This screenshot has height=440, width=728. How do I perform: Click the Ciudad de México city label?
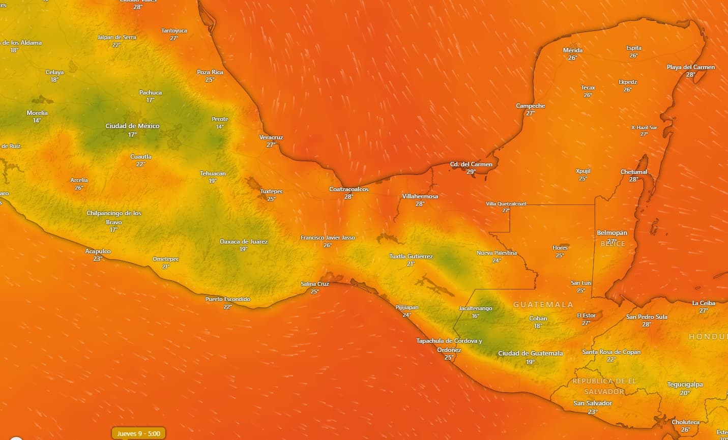132,126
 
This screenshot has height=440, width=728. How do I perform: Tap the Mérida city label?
572,50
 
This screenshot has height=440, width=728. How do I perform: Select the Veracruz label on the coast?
271,137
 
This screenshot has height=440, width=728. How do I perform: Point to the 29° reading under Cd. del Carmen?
471,172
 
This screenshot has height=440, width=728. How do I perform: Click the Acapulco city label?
98,251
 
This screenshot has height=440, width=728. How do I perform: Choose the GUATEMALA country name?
543,305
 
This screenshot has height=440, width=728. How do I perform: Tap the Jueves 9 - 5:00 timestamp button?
138,433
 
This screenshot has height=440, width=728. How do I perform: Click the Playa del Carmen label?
690,67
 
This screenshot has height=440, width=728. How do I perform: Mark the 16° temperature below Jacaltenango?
475,316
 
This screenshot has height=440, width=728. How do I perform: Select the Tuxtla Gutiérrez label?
411,256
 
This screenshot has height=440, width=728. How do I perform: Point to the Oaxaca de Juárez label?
243,242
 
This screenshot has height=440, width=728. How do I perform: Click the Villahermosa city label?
420,196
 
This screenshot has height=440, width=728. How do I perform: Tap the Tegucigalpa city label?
685,385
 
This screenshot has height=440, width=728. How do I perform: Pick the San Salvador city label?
593,403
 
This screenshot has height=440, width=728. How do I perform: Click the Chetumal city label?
633,172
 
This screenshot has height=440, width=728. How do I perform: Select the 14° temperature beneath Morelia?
37,121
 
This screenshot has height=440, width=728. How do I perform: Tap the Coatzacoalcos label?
348,189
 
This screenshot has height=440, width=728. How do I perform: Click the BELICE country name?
613,244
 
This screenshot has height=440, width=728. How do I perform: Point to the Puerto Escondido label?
227,299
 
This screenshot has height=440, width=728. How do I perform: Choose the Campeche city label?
530,106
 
